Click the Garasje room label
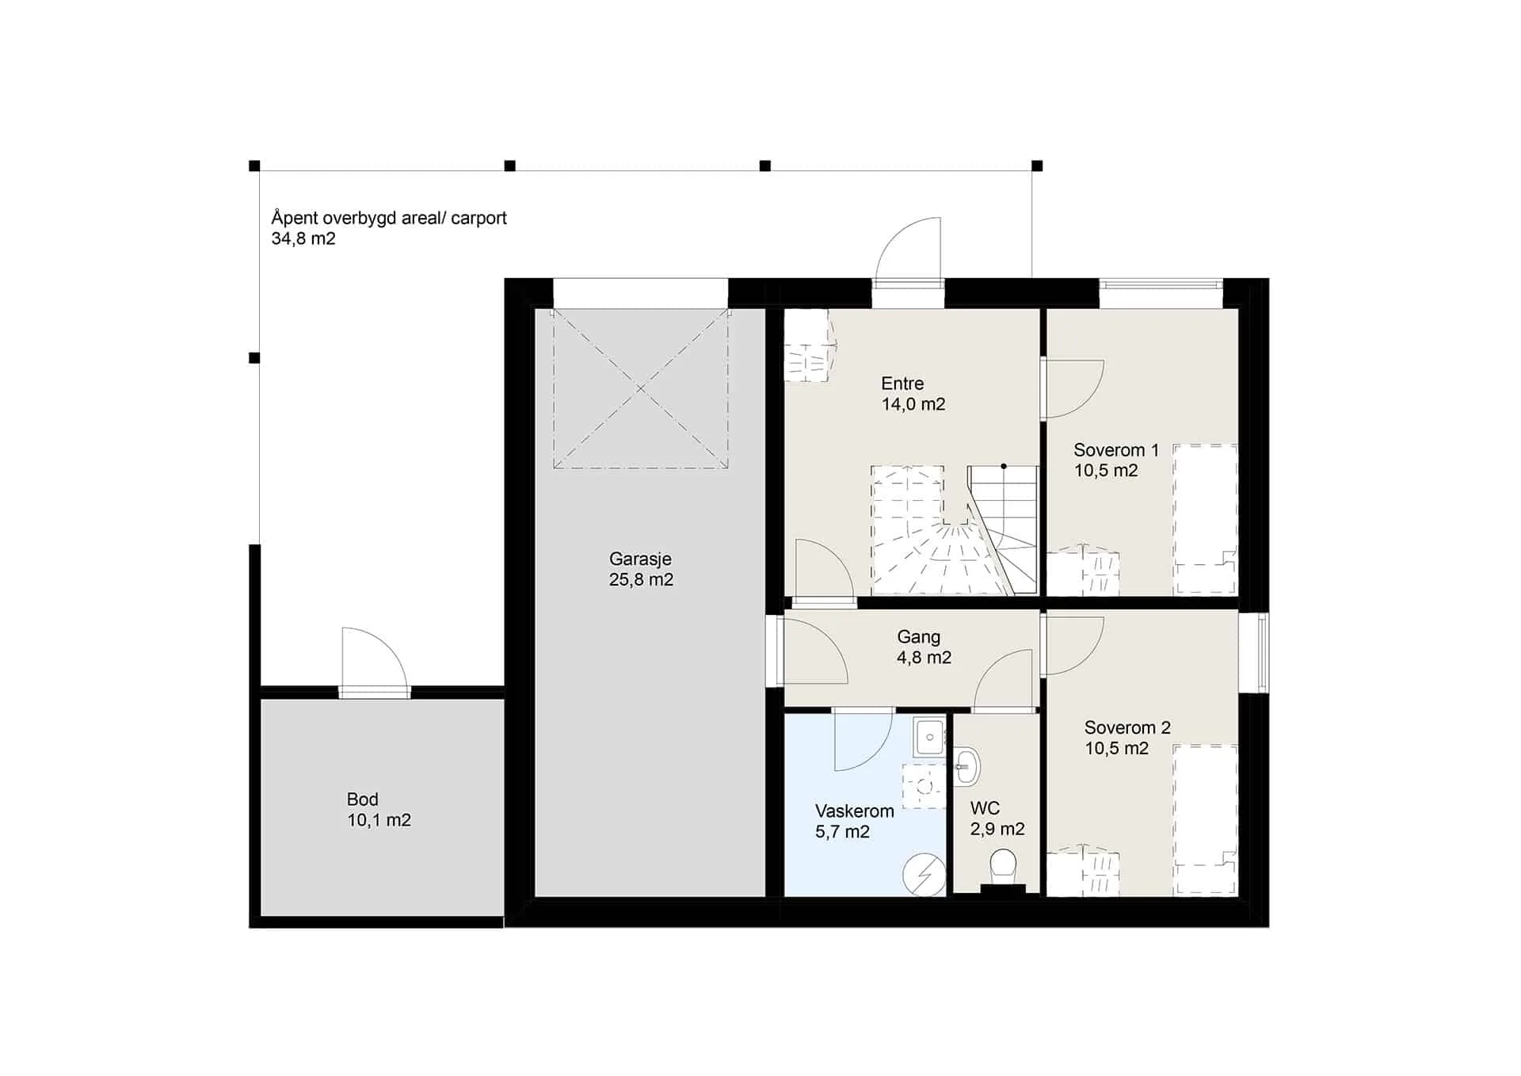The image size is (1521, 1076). tap(640, 559)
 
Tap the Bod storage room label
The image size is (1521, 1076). tap(362, 799)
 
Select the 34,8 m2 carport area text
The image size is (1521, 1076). tap(303, 238)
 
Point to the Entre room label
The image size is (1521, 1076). tap(902, 383)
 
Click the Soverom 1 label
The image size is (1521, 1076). tap(1116, 450)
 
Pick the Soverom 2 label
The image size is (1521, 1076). tap(1127, 727)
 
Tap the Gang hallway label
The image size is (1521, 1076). tap(919, 637)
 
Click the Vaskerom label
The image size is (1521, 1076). tap(854, 811)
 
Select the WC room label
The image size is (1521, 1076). tap(985, 808)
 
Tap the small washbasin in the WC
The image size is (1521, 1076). tap(966, 766)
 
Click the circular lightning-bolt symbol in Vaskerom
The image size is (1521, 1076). tap(924, 875)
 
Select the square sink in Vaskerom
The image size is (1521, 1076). tap(929, 738)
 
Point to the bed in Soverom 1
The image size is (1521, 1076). tap(1205, 519)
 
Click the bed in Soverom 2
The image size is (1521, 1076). tap(1205, 820)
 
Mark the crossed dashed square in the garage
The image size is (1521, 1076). tap(640, 388)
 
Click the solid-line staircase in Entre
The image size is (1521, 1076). tap(1003, 529)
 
